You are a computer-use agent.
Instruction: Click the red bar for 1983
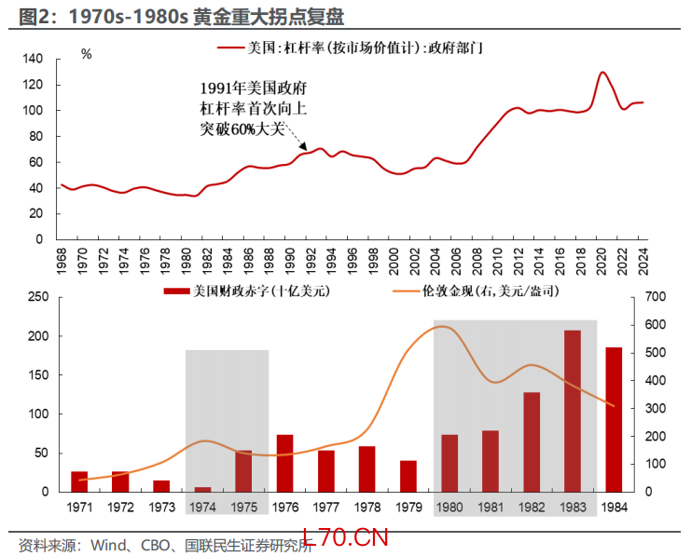(572, 411)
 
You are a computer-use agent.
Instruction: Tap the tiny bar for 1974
(202, 489)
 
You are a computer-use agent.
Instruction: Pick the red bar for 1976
(284, 463)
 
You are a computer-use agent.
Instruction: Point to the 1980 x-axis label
(449, 506)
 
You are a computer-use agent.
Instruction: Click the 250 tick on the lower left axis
(39, 297)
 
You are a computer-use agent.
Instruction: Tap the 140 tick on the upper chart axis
(33, 59)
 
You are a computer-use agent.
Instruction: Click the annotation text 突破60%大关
(241, 128)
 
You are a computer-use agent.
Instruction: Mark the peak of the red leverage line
(602, 73)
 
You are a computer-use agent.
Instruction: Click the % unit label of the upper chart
(86, 54)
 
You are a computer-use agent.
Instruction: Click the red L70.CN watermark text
(352, 538)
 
